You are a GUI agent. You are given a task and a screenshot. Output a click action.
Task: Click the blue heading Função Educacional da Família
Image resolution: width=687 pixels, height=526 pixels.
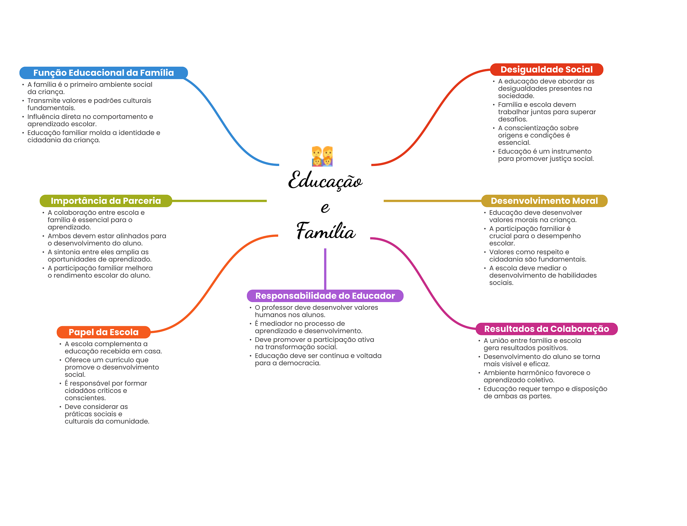[x=103, y=73]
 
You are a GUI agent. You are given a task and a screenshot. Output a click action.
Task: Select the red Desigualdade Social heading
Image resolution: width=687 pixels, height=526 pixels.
[x=546, y=69]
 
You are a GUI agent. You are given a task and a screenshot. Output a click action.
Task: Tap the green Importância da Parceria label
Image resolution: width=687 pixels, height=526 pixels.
[x=106, y=201]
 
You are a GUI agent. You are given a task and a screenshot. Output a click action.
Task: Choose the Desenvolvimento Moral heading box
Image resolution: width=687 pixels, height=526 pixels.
[x=544, y=201]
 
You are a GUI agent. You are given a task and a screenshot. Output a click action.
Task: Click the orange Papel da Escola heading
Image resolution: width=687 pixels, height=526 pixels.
[x=103, y=332]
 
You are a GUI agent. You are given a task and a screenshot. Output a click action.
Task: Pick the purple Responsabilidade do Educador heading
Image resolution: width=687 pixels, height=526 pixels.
[x=325, y=296]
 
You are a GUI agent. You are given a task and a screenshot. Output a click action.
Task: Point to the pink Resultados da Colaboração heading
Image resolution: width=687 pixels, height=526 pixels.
[x=546, y=329]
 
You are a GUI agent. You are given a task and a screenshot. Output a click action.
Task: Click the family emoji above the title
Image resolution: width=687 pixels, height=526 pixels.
[x=322, y=156]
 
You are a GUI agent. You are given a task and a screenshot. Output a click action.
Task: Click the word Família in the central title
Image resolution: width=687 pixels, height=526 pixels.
[x=325, y=231]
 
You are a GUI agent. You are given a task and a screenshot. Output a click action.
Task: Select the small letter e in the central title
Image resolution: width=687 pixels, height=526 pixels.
[x=325, y=208]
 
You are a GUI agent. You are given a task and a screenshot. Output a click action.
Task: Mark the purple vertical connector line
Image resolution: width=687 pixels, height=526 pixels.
[x=325, y=268]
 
